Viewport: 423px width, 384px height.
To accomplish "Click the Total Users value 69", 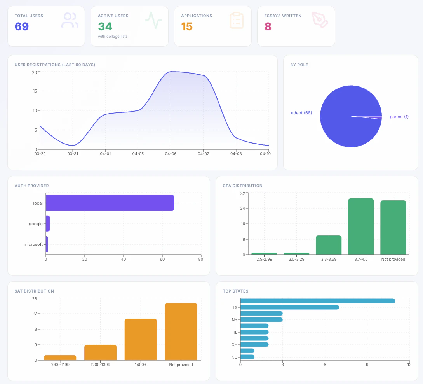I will click(x=22, y=26).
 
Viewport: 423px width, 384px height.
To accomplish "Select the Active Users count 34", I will click(x=105, y=26).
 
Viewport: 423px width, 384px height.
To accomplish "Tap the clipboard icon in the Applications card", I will click(x=236, y=20).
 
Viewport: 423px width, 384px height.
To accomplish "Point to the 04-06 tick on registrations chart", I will click(x=171, y=154).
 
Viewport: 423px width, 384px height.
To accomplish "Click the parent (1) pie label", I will click(x=399, y=117).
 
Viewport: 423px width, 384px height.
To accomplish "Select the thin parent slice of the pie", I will click(x=373, y=117).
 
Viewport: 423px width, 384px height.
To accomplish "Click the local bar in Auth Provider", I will click(x=110, y=203).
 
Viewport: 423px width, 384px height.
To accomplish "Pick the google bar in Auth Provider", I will click(x=48, y=224).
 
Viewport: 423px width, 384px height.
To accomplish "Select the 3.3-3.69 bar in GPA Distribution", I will click(x=329, y=245).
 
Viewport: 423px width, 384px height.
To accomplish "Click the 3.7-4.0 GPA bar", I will click(x=361, y=226).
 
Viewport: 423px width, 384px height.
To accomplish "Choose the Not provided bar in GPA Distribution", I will click(x=393, y=228).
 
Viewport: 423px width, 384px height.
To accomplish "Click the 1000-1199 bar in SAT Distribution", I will click(x=60, y=358).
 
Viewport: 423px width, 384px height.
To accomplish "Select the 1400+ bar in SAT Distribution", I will click(x=141, y=339).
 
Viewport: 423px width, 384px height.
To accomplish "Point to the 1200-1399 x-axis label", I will click(x=100, y=365).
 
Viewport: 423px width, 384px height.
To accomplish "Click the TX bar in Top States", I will click(x=289, y=307).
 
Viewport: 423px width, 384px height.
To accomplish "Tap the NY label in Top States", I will click(x=235, y=320).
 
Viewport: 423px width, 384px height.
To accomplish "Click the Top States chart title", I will click(x=235, y=291).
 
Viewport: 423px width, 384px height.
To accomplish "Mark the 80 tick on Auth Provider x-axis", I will click(x=201, y=260).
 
